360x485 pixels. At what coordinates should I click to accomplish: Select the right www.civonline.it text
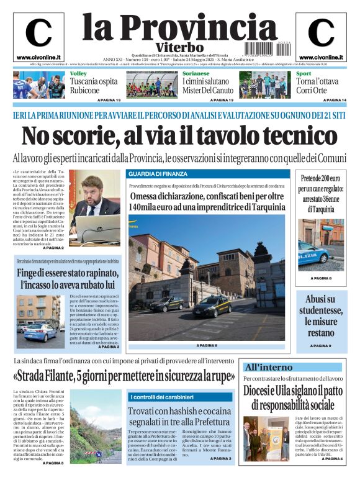(x=321, y=58)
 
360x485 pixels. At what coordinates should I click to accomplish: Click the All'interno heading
(x=268, y=368)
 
